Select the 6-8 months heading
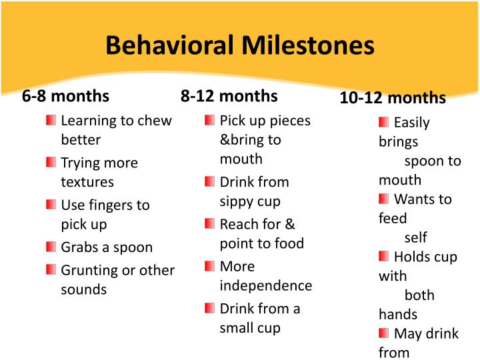(x=65, y=95)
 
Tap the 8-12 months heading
(x=229, y=95)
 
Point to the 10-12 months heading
(x=393, y=98)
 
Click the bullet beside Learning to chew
(x=51, y=120)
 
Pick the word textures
(x=87, y=182)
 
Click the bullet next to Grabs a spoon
(x=51, y=247)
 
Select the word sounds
(x=83, y=289)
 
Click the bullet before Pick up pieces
(x=210, y=120)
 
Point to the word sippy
(x=235, y=201)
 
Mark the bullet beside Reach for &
(x=210, y=223)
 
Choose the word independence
(x=265, y=285)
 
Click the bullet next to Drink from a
(x=210, y=308)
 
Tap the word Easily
(x=412, y=123)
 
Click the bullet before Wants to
(x=383, y=199)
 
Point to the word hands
(x=398, y=314)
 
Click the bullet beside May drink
(x=383, y=333)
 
